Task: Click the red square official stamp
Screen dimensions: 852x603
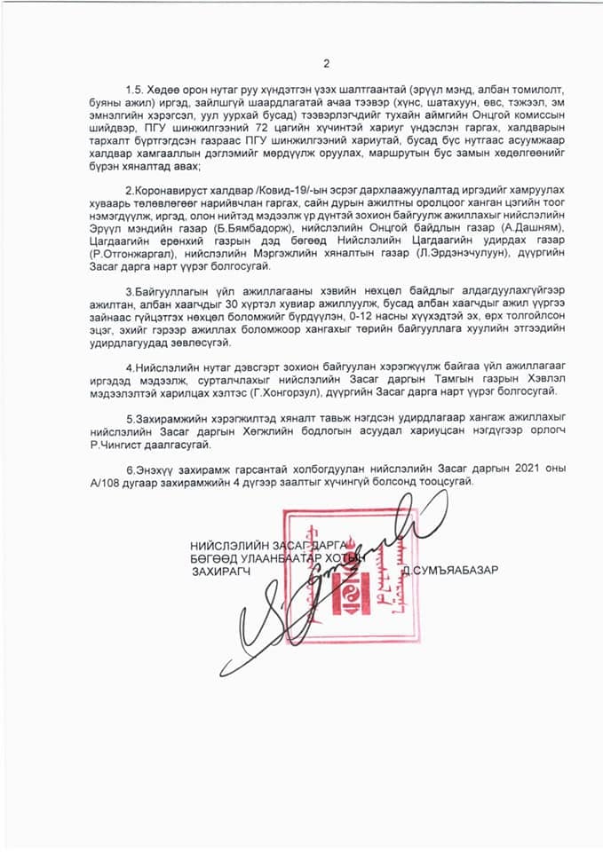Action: point(347,568)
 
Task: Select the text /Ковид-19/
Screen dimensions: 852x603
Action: point(248,192)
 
